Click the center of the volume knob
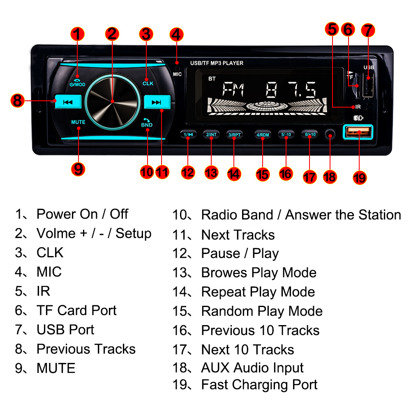(112, 100)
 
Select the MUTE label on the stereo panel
(78, 122)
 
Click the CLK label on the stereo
(148, 83)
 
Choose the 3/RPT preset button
(234, 135)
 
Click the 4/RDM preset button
(263, 135)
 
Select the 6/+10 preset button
(309, 135)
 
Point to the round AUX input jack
(330, 135)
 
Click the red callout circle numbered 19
(360, 177)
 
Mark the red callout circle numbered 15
(263, 174)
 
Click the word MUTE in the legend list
(56, 368)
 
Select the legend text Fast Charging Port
(259, 385)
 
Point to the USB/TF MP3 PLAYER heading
(217, 63)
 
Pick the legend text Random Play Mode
(261, 311)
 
